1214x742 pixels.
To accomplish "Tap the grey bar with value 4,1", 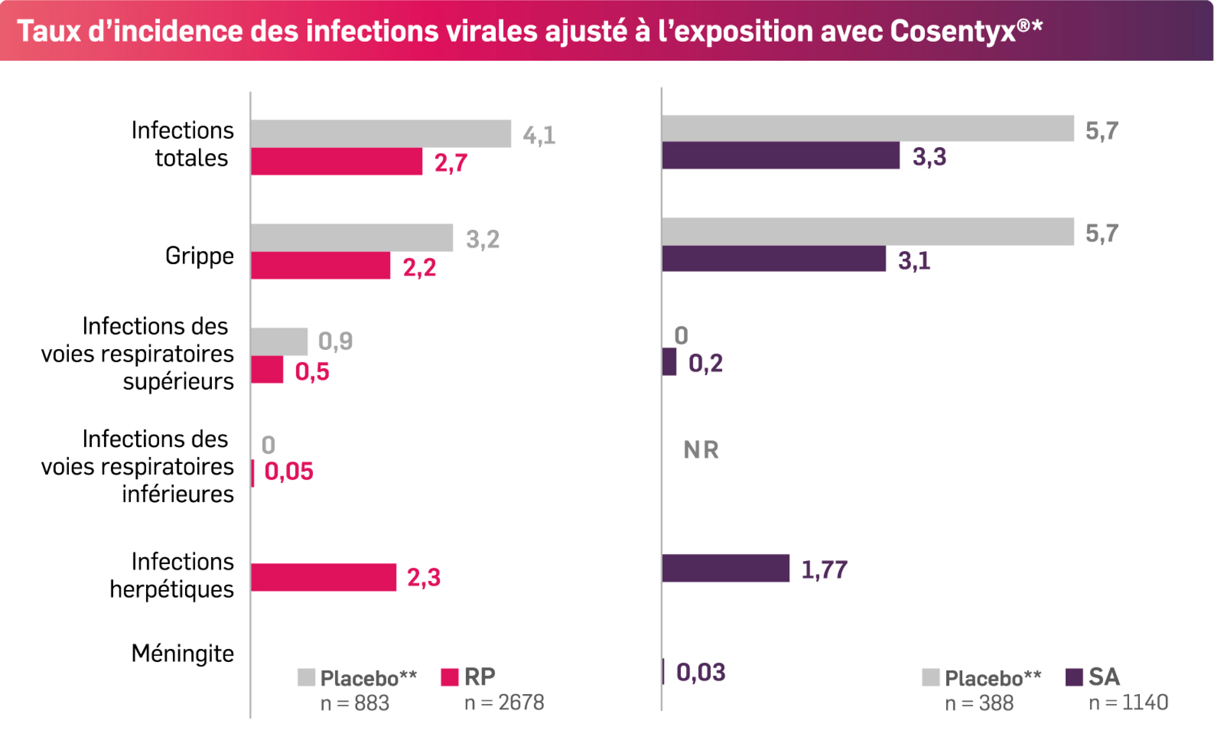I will pyautogui.click(x=380, y=134).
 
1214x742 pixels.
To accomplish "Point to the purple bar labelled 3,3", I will pyautogui.click(x=780, y=156).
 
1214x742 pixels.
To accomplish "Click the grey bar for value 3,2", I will pyautogui.click(x=351, y=238).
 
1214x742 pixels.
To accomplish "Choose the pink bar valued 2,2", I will pyautogui.click(x=320, y=266).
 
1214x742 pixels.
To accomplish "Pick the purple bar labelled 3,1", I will pyautogui.click(x=774, y=259).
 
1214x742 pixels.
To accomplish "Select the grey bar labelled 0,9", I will pyautogui.click(x=279, y=342).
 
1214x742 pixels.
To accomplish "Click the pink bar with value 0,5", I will pyautogui.click(x=267, y=370).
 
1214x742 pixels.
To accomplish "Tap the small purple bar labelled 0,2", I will pyautogui.click(x=669, y=362).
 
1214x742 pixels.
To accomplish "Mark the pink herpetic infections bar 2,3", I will pyautogui.click(x=323, y=578).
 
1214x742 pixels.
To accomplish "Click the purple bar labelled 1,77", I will pyautogui.click(x=725, y=569).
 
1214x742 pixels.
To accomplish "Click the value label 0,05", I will pyautogui.click(x=289, y=472).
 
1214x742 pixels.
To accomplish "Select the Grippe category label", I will pyautogui.click(x=199, y=256).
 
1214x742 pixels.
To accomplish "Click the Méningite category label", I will pyautogui.click(x=182, y=654).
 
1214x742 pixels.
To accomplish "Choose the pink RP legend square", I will pyautogui.click(x=449, y=677).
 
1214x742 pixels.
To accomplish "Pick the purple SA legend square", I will pyautogui.click(x=1074, y=677).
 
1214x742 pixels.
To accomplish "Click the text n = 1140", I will pyautogui.click(x=1128, y=703).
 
